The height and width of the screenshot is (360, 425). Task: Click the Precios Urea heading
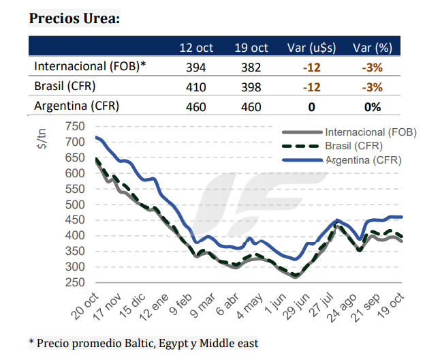click(74, 18)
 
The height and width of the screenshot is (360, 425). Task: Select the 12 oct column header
click(196, 48)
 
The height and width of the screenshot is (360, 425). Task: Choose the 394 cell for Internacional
click(196, 67)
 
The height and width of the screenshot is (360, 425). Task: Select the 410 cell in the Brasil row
click(196, 87)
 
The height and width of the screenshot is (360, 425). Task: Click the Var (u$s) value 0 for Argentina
click(311, 107)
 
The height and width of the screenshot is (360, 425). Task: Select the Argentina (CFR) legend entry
click(363, 160)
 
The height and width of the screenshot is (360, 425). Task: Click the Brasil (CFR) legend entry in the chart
click(353, 146)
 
